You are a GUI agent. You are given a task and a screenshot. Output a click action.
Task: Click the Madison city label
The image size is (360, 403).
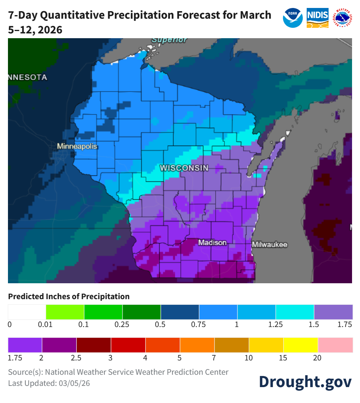[212, 242]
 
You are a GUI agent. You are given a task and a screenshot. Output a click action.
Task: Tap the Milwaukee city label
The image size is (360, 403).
[269, 244]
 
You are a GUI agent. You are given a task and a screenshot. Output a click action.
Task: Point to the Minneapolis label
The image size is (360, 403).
[77, 146]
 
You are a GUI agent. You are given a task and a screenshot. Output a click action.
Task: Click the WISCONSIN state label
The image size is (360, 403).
[184, 168]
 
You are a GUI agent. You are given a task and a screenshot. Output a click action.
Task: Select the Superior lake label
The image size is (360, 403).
[169, 40]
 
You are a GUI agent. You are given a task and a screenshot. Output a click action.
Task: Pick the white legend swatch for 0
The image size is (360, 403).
[27, 312]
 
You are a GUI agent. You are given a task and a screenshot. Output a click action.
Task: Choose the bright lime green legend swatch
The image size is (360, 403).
[65, 312]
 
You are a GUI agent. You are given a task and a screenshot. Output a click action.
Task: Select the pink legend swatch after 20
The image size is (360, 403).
[335, 345]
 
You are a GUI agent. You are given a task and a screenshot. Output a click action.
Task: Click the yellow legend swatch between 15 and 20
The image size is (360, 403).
[301, 345]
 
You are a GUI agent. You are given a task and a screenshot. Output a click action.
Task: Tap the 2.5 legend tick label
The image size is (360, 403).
[76, 358]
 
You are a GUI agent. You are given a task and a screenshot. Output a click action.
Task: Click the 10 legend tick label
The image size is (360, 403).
[248, 358]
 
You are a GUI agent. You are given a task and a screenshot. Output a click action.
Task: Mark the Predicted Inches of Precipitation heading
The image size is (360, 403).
[69, 296]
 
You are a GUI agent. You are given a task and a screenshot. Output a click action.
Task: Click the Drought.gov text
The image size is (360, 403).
[305, 381]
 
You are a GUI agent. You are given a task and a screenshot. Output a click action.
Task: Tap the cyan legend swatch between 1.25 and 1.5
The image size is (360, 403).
[295, 312]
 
